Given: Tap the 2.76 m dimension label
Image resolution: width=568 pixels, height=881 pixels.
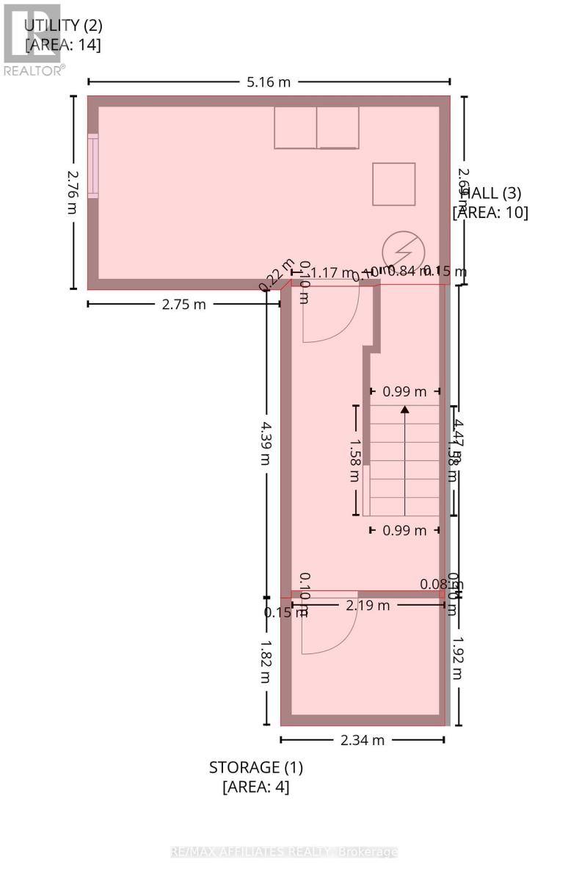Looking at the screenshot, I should [x=72, y=193].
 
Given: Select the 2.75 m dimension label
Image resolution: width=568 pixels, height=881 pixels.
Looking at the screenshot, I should [x=183, y=304].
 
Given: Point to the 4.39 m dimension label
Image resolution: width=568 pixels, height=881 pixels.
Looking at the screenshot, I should [x=265, y=442].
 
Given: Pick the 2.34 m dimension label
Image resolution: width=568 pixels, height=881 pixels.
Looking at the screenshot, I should [x=363, y=740].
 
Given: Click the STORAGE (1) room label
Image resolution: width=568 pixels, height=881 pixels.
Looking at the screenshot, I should [x=256, y=768].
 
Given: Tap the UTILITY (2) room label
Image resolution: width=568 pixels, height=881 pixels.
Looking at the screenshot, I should [x=63, y=25].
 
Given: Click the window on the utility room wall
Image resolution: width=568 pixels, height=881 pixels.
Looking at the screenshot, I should [x=92, y=165].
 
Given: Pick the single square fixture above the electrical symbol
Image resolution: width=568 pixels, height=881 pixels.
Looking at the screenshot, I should [x=393, y=184].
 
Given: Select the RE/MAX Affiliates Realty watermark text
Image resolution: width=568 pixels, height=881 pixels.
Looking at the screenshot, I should [x=284, y=852].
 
